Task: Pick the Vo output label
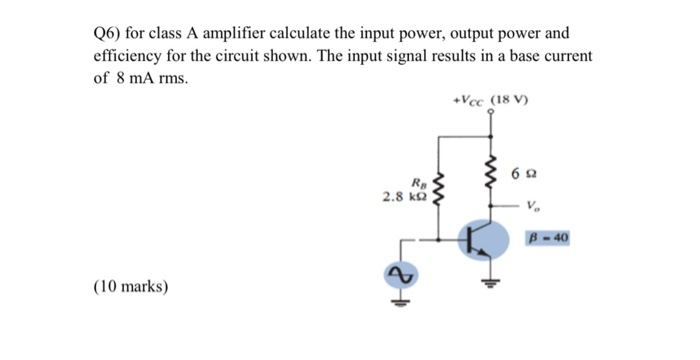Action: pyautogui.click(x=531, y=206)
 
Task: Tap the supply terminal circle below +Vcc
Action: pyautogui.click(x=490, y=113)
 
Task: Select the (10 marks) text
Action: pyautogui.click(x=131, y=287)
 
